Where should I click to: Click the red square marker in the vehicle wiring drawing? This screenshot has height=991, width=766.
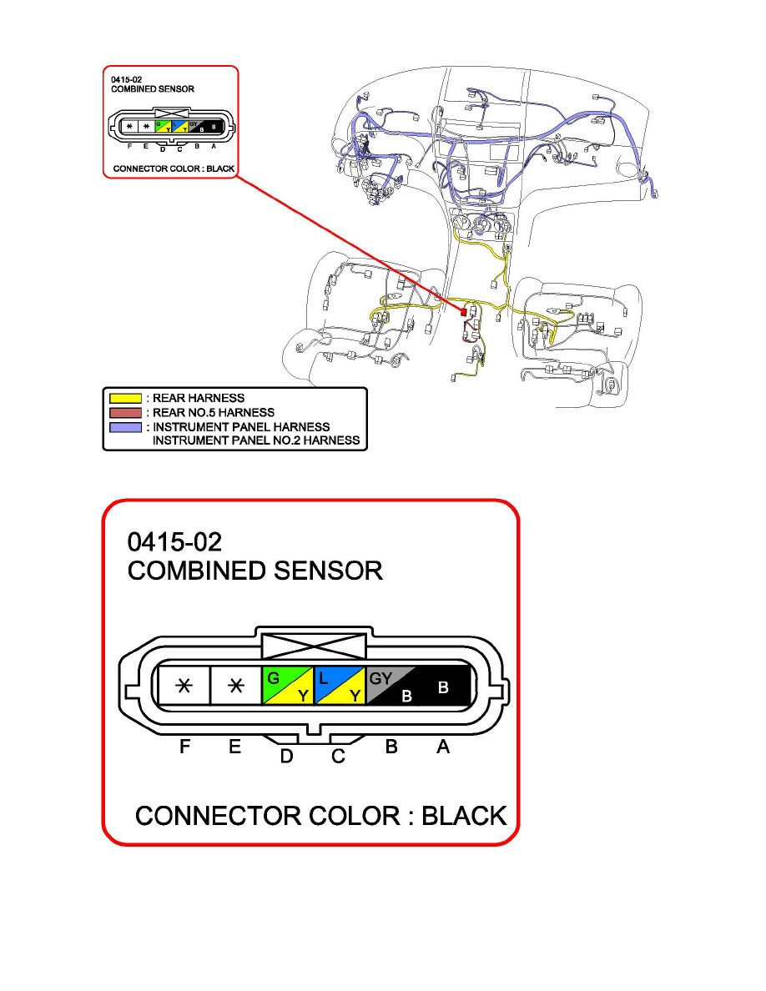(x=463, y=311)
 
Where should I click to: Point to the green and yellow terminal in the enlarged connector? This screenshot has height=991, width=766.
(x=288, y=686)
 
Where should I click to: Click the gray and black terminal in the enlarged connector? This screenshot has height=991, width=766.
(x=392, y=686)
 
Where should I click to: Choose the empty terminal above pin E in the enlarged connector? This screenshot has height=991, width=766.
(x=236, y=686)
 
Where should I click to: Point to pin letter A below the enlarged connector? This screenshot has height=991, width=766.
(x=443, y=748)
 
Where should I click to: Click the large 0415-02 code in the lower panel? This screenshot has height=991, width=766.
(x=174, y=543)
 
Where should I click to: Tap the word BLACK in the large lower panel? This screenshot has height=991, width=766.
(x=464, y=816)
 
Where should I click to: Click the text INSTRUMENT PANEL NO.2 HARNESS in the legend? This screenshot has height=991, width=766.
(x=256, y=440)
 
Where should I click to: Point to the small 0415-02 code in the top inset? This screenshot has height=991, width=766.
(x=125, y=80)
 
